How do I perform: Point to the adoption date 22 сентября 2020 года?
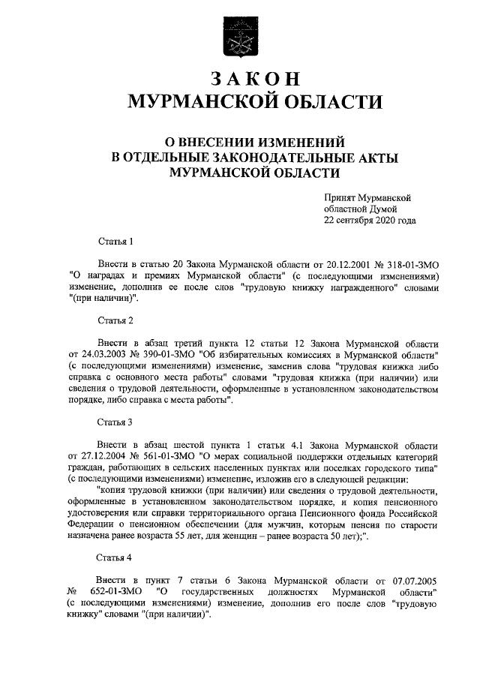[x=369, y=221]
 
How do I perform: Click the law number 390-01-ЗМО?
[x=169, y=355]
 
